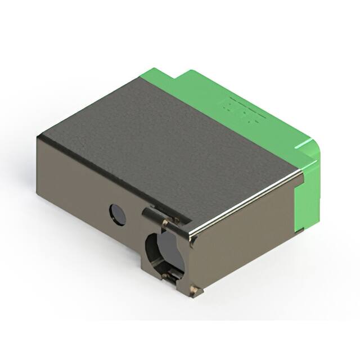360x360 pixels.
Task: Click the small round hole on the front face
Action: [117, 214]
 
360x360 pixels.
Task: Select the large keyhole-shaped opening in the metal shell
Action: [164, 251]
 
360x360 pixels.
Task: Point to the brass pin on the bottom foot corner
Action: [194, 290]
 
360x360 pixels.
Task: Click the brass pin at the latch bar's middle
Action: [165, 223]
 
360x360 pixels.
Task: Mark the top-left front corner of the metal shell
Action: [38, 138]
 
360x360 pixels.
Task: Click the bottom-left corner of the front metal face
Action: [38, 194]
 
